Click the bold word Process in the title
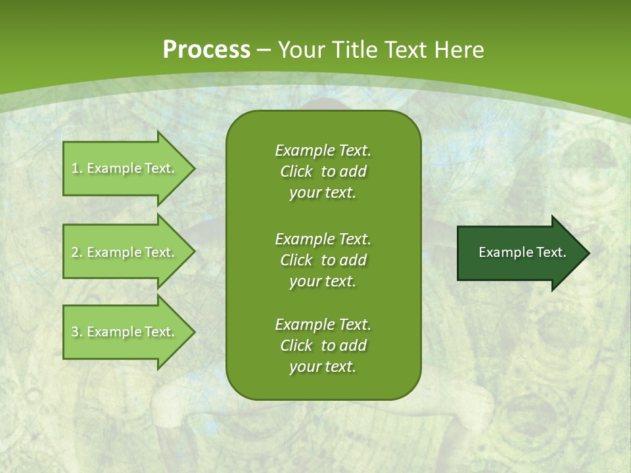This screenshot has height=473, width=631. click(x=206, y=50)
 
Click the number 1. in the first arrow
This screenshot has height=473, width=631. click(x=76, y=168)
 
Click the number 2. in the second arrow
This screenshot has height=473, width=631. click(x=76, y=252)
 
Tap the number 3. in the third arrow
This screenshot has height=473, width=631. click(x=76, y=332)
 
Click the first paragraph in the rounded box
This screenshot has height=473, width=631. click(x=323, y=171)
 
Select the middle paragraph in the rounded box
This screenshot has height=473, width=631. click(x=323, y=259)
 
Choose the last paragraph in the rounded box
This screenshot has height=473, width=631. click(x=323, y=346)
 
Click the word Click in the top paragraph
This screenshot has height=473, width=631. click(x=296, y=171)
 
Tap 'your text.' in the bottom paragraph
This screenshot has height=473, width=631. click(x=323, y=367)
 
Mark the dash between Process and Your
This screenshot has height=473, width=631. click(x=264, y=50)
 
